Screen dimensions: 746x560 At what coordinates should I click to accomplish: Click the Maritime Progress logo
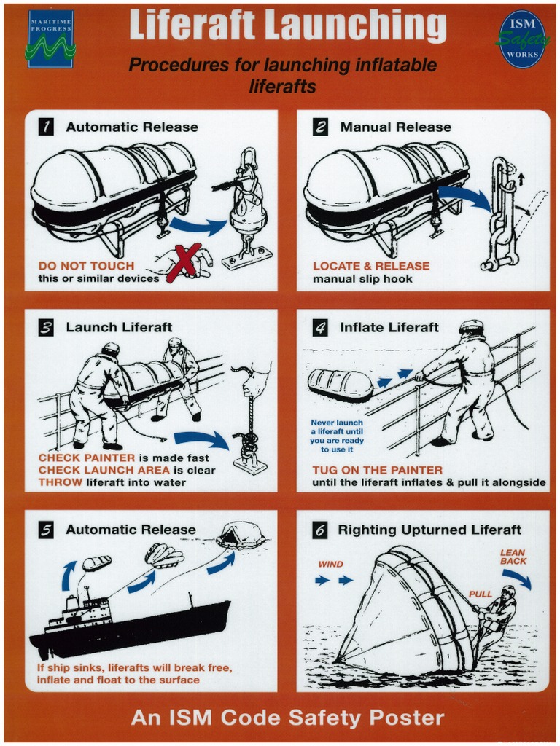click(50, 39)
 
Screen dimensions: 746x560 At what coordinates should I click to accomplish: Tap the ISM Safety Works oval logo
click(523, 39)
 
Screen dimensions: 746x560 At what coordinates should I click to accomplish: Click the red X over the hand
click(183, 262)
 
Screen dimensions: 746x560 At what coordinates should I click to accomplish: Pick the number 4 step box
click(320, 328)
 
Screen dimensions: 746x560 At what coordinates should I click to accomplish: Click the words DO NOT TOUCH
click(86, 266)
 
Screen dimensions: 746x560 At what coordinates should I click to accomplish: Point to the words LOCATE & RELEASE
click(371, 266)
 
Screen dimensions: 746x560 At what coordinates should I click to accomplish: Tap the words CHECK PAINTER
click(86, 458)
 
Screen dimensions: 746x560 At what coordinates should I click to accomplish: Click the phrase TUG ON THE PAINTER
click(377, 470)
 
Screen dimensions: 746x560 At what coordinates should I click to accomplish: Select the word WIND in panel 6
click(330, 565)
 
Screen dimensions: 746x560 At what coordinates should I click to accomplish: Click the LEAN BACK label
click(513, 557)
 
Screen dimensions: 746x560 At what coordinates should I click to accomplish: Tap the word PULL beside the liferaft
click(481, 594)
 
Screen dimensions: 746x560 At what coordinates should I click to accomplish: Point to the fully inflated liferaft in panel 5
click(241, 535)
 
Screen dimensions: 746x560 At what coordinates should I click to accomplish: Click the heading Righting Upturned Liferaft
click(429, 530)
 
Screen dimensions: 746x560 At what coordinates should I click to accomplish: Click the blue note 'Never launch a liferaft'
click(337, 436)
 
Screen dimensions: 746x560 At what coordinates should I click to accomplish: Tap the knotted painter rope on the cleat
click(249, 445)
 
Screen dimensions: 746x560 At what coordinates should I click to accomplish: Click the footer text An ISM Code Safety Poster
click(287, 718)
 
